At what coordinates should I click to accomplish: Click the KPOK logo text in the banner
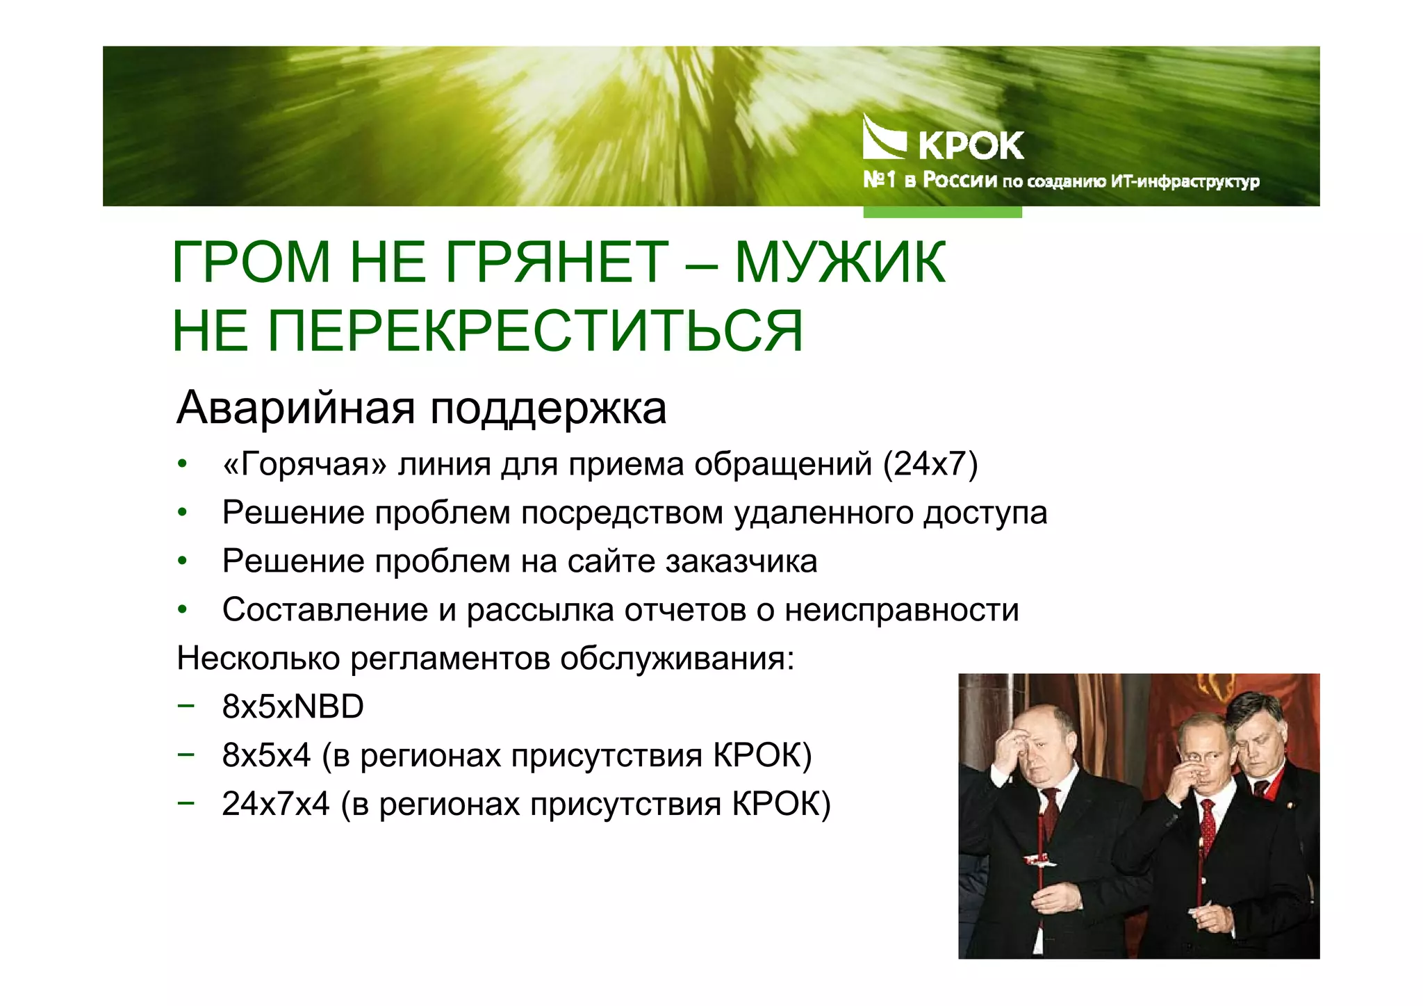coord(971,146)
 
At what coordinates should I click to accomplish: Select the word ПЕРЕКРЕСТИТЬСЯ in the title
coord(535,331)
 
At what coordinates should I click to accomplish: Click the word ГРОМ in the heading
coord(251,263)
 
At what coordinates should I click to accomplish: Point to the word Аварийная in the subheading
coord(295,408)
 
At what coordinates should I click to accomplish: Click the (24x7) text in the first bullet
coord(930,464)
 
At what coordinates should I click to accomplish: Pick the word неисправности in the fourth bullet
coord(901,610)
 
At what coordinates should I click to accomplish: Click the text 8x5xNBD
coord(293,707)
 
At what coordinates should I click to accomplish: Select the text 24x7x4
coord(275,804)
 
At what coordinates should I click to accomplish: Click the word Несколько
coord(258,658)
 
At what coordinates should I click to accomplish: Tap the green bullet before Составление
coord(182,610)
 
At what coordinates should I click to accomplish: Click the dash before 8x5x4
coord(186,754)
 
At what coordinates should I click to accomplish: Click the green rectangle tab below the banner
coord(942,212)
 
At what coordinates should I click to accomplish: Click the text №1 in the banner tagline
coord(879,180)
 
